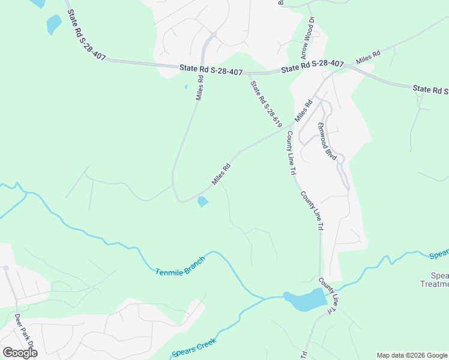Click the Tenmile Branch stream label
(179, 265)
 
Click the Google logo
(20, 353)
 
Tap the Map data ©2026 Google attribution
(412, 355)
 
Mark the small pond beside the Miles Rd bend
(203, 202)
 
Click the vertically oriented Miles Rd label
(199, 88)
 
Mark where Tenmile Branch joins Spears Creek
(266, 298)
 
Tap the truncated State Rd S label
(430, 89)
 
